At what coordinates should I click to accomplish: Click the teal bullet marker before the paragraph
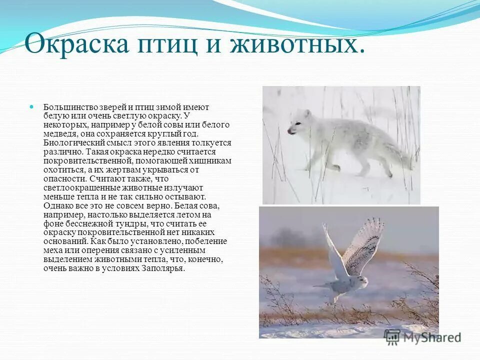tap(32, 107)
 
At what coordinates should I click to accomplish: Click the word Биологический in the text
tap(69, 143)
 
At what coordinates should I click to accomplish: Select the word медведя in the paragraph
tap(60, 134)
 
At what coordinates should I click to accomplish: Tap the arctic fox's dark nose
tap(289, 131)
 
